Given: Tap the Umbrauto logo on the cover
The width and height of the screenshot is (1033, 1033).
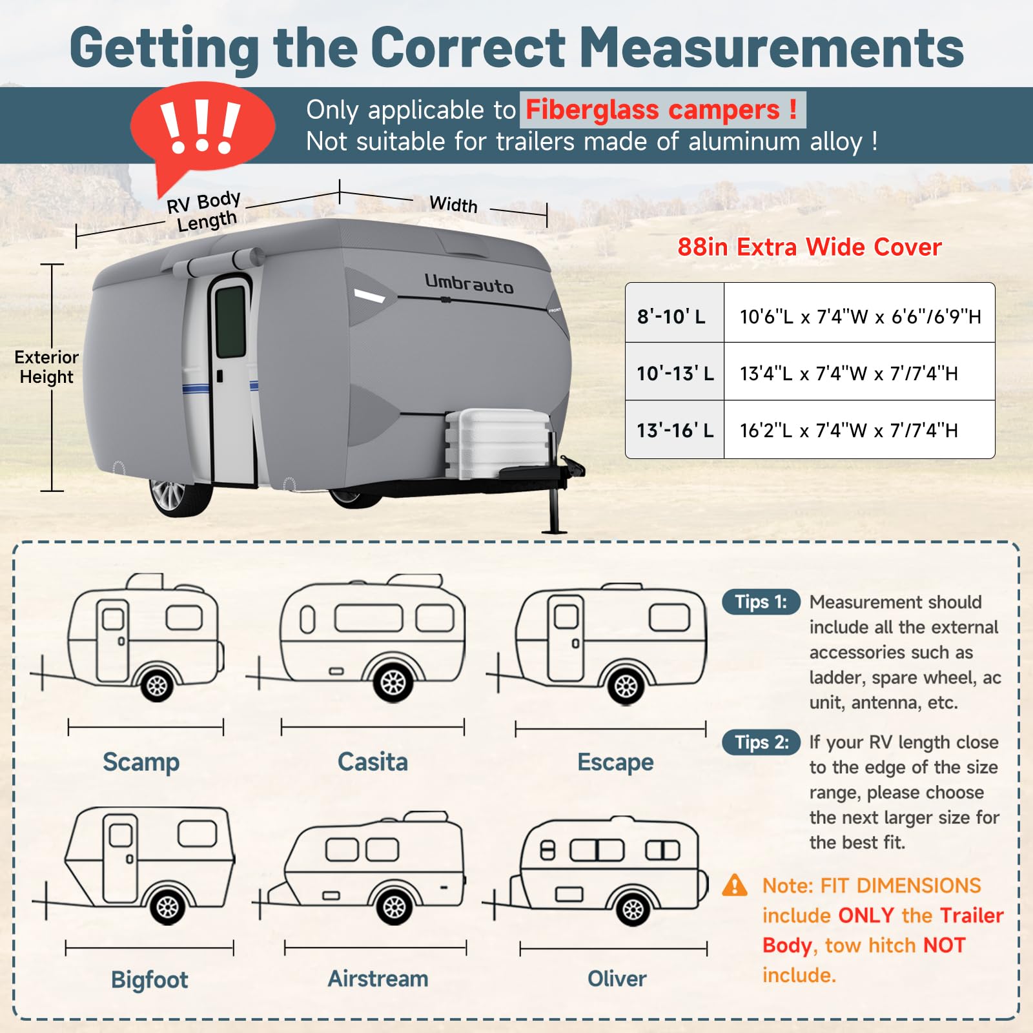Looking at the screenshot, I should (x=469, y=283).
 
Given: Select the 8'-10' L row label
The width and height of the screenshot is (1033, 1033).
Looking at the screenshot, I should (x=671, y=316).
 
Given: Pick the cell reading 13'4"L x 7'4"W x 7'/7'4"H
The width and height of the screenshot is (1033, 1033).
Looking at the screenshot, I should (x=848, y=373).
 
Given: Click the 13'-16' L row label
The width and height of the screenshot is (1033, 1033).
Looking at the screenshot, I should (x=675, y=430).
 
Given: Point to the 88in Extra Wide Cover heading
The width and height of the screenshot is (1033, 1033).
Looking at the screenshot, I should (x=809, y=247).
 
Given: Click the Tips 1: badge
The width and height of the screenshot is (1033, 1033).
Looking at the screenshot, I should (x=761, y=602).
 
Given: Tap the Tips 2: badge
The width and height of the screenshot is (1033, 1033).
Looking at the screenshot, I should (x=761, y=742).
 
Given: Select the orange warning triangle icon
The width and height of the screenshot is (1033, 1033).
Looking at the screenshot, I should (x=735, y=885).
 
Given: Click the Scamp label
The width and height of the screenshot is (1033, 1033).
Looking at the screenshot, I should (x=141, y=762).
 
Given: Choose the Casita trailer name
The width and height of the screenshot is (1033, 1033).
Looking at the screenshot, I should (x=373, y=762).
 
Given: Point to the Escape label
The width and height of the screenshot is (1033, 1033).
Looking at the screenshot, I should (x=615, y=762).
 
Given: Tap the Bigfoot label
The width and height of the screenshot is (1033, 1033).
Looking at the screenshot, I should (x=149, y=979).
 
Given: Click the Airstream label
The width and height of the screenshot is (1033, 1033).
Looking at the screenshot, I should (x=378, y=979).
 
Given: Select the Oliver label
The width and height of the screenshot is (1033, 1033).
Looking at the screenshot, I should (x=617, y=979).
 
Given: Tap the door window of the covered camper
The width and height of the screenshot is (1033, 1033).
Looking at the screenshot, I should (x=230, y=322).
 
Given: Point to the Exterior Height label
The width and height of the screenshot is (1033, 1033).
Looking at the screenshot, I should (x=46, y=367).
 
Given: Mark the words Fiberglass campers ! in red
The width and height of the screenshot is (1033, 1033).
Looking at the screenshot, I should (x=662, y=110).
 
